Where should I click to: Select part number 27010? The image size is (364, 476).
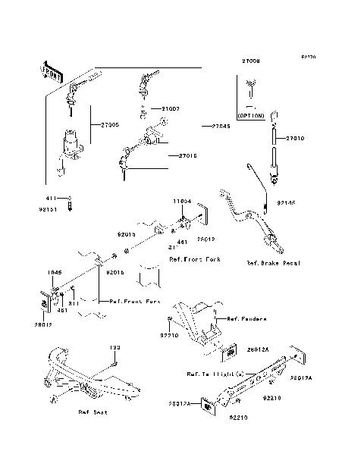click(x=296, y=139)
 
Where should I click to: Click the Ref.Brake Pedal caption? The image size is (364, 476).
click(x=274, y=263)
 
